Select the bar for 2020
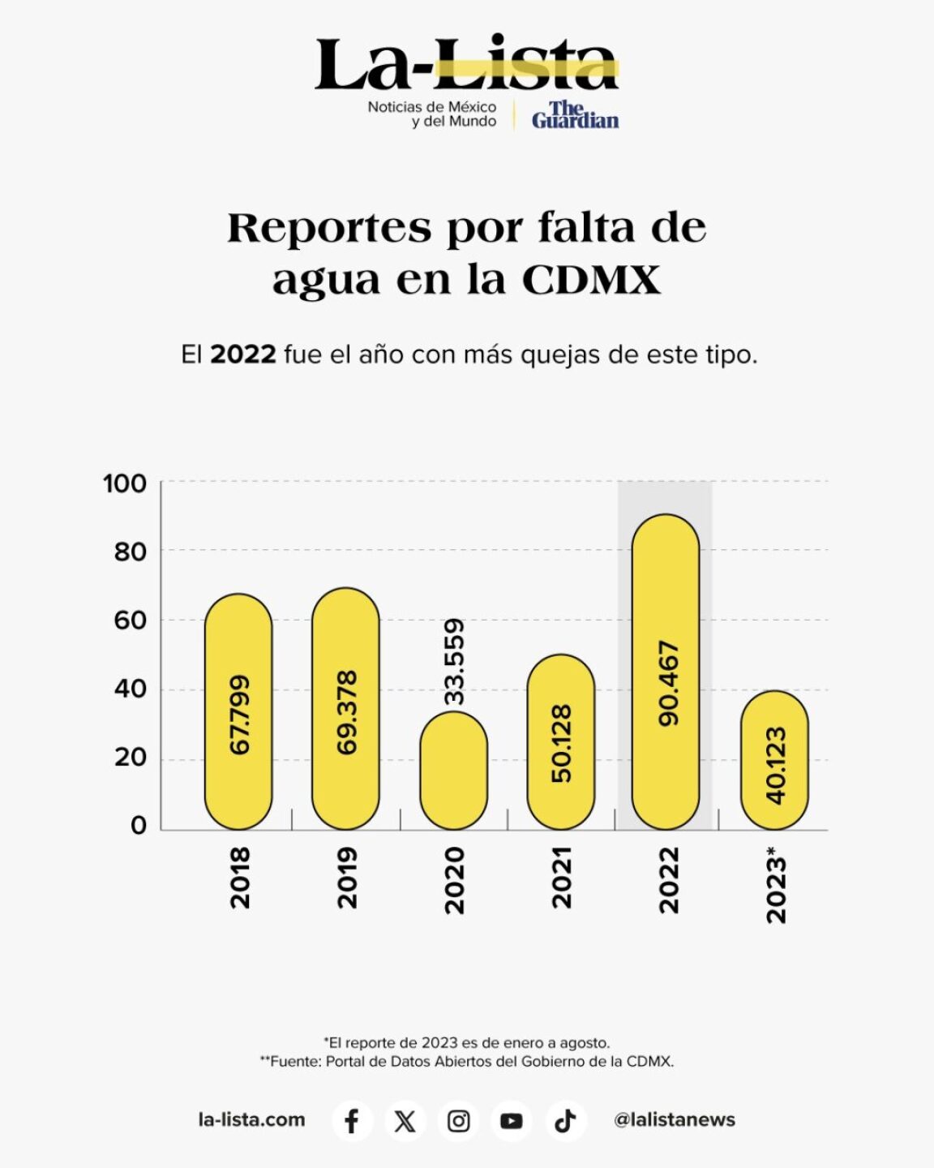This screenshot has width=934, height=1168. tap(454, 771)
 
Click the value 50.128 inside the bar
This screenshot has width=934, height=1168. tap(561, 743)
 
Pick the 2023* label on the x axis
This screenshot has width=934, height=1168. tap(776, 884)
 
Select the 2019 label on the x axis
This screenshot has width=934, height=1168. tap(347, 878)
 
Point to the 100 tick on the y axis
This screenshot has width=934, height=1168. tap(125, 483)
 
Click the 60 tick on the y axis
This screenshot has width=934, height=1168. tap(130, 620)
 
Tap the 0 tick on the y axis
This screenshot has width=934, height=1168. tap(139, 825)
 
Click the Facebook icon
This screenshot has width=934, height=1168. tap(352, 1121)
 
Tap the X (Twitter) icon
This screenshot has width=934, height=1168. tap(405, 1121)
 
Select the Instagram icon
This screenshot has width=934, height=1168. tap(458, 1121)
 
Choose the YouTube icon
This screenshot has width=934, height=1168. tap(512, 1121)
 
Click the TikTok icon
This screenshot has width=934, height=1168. tap(565, 1121)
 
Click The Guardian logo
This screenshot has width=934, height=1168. tap(575, 115)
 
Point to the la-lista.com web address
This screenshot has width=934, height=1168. tap(251, 1120)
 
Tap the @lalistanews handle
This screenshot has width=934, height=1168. tap(675, 1120)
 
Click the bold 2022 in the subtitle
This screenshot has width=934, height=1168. tap(243, 354)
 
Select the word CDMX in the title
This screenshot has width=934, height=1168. tap(591, 280)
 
